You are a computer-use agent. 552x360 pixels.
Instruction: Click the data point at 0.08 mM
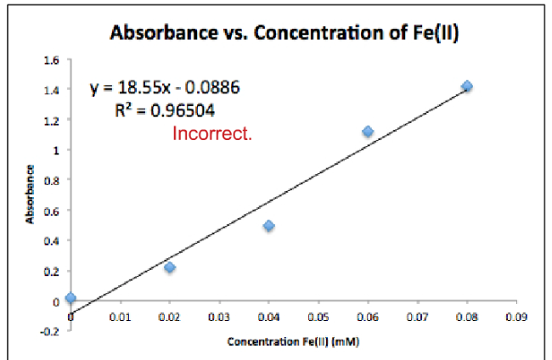(466, 87)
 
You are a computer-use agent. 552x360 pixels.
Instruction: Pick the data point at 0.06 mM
(368, 132)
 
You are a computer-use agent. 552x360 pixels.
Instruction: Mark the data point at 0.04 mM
(268, 226)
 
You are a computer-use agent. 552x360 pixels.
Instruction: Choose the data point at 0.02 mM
(170, 267)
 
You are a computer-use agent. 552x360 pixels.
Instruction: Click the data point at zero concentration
(70, 298)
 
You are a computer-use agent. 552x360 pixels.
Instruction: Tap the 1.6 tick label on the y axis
(53, 59)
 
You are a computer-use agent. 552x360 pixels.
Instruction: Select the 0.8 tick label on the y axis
(53, 180)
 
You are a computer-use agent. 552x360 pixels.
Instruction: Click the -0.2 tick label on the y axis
(51, 331)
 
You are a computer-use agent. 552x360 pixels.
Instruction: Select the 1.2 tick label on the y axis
(53, 120)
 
